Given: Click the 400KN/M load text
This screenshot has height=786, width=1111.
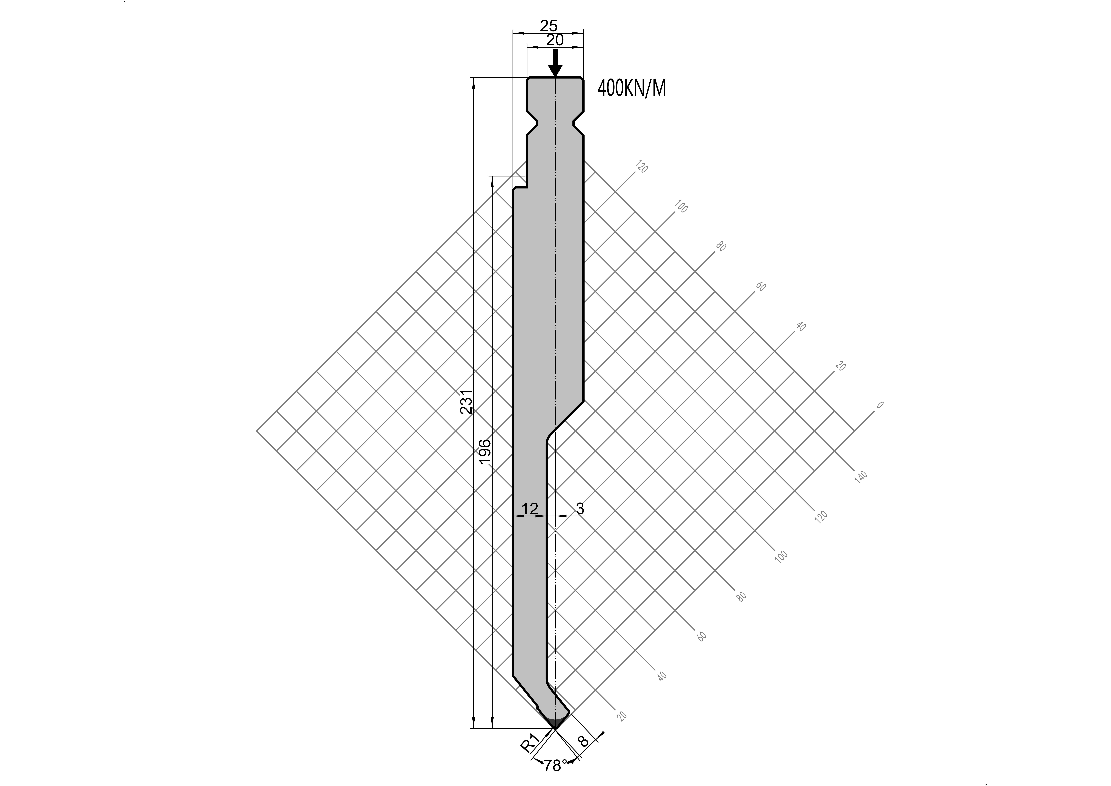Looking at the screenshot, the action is (x=631, y=89).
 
